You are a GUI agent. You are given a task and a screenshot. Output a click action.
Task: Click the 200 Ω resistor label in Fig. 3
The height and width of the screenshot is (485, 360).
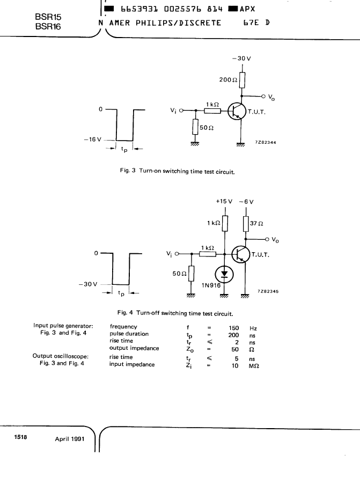pyautogui.click(x=229, y=80)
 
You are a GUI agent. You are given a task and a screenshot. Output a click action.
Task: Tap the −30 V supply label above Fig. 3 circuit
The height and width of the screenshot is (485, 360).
pyautogui.click(x=241, y=58)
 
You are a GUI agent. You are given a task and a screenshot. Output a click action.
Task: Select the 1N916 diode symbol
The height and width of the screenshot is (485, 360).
pyautogui.click(x=224, y=274)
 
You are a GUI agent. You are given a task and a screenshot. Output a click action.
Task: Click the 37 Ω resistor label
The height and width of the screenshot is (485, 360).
pyautogui.click(x=256, y=223)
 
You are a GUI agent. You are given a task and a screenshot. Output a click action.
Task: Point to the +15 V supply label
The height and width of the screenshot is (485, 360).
pyautogui.click(x=224, y=201)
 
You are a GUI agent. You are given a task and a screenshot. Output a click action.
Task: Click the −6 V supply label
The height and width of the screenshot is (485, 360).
pyautogui.click(x=246, y=202)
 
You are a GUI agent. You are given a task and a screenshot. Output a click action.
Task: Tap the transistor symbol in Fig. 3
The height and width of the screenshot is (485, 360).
pyautogui.click(x=237, y=112)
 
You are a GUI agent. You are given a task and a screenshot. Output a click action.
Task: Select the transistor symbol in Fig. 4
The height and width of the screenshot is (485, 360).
pyautogui.click(x=240, y=254)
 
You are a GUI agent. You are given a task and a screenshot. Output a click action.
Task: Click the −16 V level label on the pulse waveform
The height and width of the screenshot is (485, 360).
pyautogui.click(x=92, y=139)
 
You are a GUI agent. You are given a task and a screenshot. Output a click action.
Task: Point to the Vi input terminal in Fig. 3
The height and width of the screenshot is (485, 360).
pyautogui.click(x=181, y=111)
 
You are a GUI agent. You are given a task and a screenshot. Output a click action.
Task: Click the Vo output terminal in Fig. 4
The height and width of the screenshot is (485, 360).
pyautogui.click(x=267, y=239)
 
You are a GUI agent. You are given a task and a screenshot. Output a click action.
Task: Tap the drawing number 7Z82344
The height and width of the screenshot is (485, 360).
pyautogui.click(x=266, y=143)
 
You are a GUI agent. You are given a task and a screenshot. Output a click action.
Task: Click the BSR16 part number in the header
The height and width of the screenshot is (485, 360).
pyautogui.click(x=48, y=27)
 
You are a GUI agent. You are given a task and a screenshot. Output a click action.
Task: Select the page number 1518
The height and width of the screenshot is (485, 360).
pyautogui.click(x=20, y=437)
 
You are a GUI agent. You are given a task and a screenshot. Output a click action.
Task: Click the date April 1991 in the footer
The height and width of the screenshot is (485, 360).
pyautogui.click(x=70, y=439)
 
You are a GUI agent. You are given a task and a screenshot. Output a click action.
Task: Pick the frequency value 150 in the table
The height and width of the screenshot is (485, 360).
pyautogui.click(x=234, y=328)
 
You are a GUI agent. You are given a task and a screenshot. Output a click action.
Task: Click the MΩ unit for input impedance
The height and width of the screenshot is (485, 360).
pyautogui.click(x=254, y=366)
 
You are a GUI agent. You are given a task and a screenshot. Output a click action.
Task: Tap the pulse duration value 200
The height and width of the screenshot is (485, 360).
pyautogui.click(x=233, y=335)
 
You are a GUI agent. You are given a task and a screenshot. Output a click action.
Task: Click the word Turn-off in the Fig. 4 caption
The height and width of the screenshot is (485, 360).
pyautogui.click(x=148, y=313)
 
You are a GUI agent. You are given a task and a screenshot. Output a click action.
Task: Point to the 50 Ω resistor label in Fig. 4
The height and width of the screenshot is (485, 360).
pyautogui.click(x=179, y=274)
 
